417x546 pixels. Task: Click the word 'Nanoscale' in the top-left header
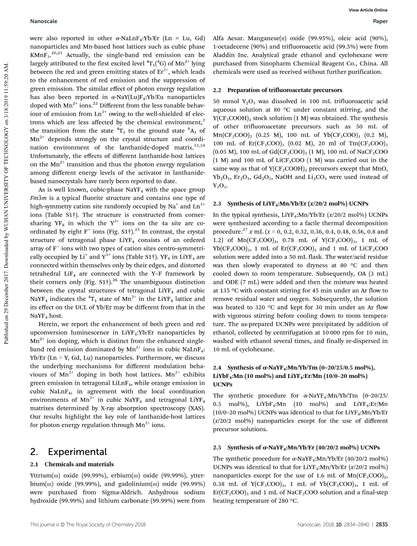point(41,21)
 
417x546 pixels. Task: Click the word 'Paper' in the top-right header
point(380,21)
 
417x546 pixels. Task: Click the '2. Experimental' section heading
point(69,452)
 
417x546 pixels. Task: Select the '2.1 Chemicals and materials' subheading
point(72,464)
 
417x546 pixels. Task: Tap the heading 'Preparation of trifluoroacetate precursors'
point(284,90)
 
